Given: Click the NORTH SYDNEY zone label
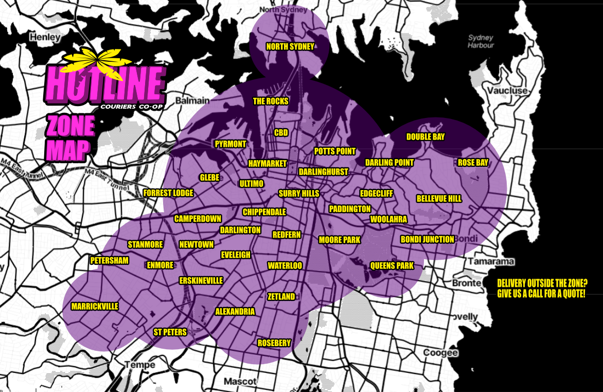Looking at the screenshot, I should click(x=290, y=47).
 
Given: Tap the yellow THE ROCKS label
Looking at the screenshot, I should click(x=271, y=101).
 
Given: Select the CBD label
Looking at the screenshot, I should click(x=281, y=133).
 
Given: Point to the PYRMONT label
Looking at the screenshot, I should click(x=230, y=144).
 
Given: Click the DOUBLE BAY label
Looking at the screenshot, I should click(x=425, y=137).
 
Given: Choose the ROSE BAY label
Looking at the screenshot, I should click(x=473, y=163).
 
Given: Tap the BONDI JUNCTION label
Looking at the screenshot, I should click(x=427, y=239).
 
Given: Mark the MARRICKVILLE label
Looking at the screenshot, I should click(x=95, y=306).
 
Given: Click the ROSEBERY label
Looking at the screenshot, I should click(x=274, y=343).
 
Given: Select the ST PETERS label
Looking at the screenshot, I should click(x=170, y=332).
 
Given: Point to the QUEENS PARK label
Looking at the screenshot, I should click(x=392, y=266).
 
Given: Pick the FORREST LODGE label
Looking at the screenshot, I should click(x=168, y=193).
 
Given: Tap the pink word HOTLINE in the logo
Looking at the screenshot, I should click(x=105, y=84).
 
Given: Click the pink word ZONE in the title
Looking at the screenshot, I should click(x=71, y=125).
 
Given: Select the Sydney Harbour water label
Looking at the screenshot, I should click(x=481, y=41).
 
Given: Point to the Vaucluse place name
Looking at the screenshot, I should click(x=508, y=91).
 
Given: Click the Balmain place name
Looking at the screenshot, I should click(x=192, y=100).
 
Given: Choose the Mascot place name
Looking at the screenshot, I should click(x=240, y=382).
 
